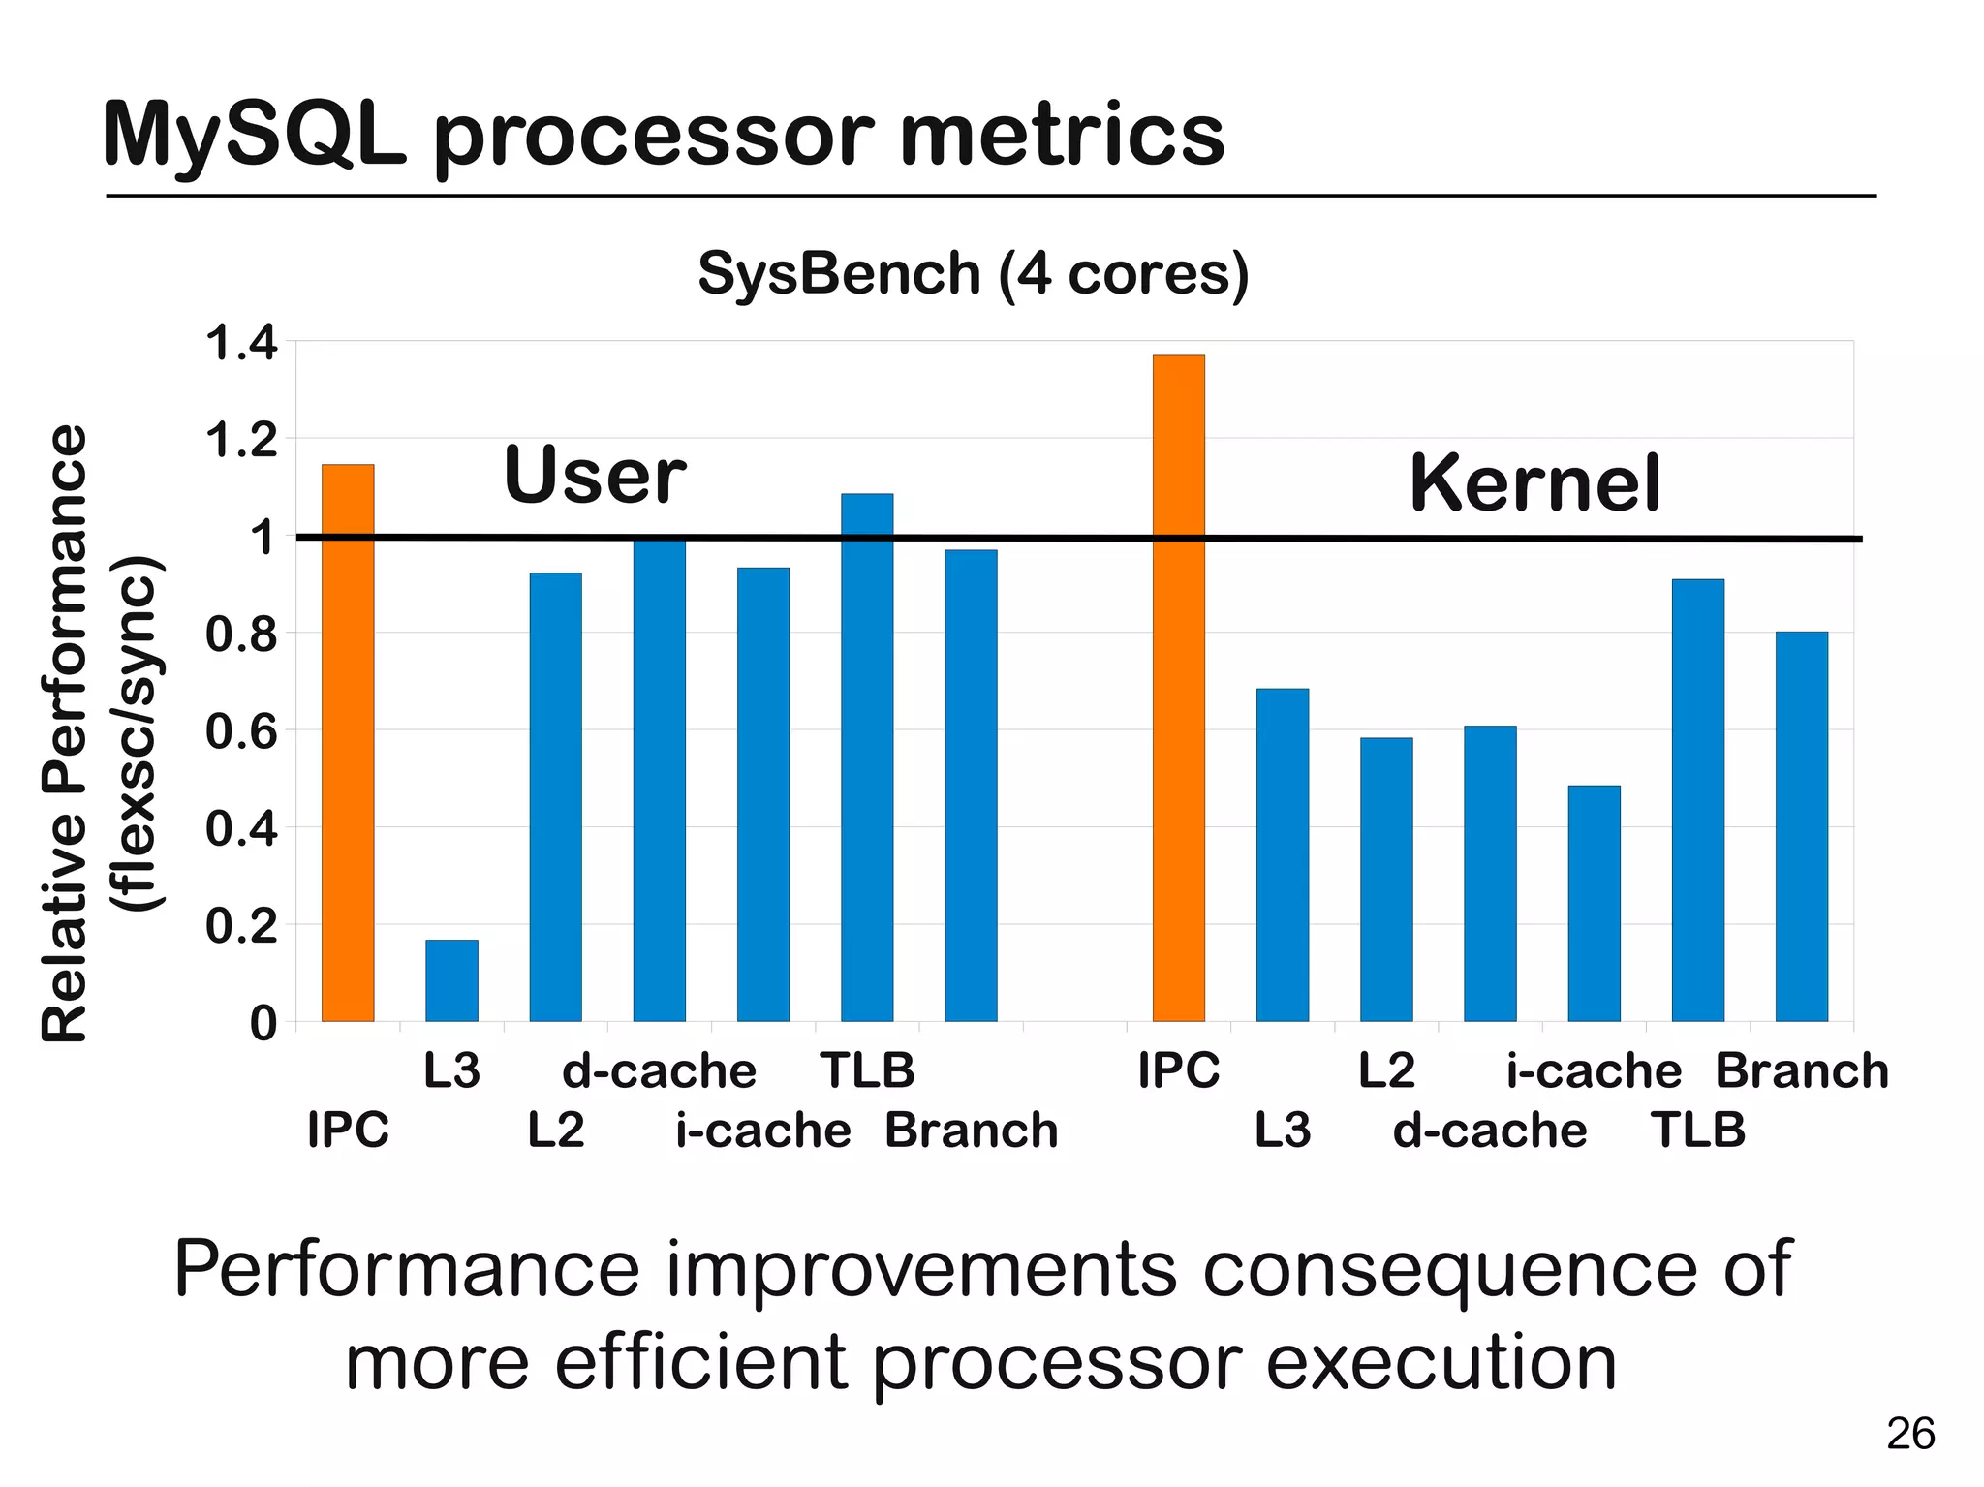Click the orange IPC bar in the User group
click(348, 743)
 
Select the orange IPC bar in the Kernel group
click(1178, 688)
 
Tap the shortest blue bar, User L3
click(451, 980)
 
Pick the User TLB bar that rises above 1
click(867, 758)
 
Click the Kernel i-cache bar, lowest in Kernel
click(1594, 903)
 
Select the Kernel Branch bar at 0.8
click(1801, 826)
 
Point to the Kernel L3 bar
click(1282, 854)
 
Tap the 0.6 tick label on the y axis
click(241, 731)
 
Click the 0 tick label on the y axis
click(263, 1023)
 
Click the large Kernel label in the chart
click(1534, 483)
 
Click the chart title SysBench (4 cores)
click(973, 274)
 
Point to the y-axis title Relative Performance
click(67, 732)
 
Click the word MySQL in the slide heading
click(254, 137)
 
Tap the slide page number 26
click(1909, 1434)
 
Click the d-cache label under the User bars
click(659, 1071)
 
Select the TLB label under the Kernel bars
click(1697, 1131)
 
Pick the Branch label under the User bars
click(972, 1131)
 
